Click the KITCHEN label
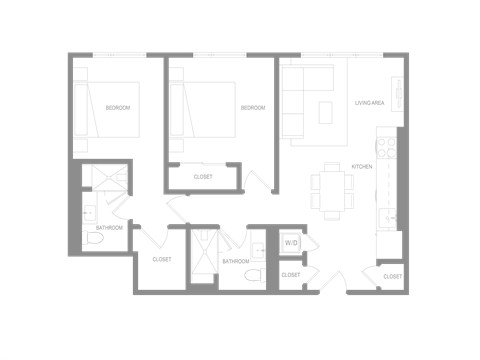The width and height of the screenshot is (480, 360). click(361, 167)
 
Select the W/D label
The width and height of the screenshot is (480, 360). click(292, 242)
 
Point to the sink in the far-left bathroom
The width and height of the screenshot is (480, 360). click(89, 211)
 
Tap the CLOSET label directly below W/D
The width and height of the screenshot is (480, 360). click(291, 274)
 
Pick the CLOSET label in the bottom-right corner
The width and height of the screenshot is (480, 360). click(391, 276)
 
